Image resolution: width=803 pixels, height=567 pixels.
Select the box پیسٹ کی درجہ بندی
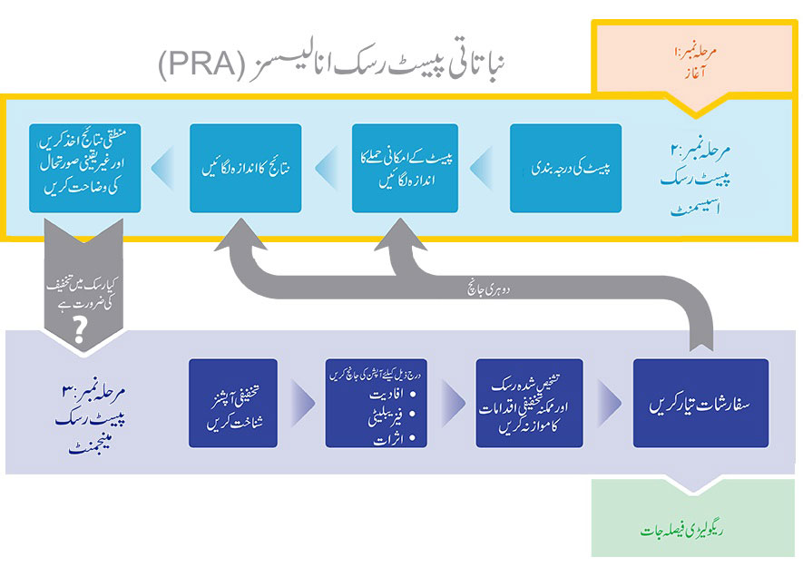coord(565,168)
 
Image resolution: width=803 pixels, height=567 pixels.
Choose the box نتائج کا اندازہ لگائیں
coord(244,168)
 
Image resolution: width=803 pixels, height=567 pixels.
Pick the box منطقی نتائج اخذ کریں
coord(85,168)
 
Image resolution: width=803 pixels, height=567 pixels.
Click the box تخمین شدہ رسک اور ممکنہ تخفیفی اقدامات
coord(530,403)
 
